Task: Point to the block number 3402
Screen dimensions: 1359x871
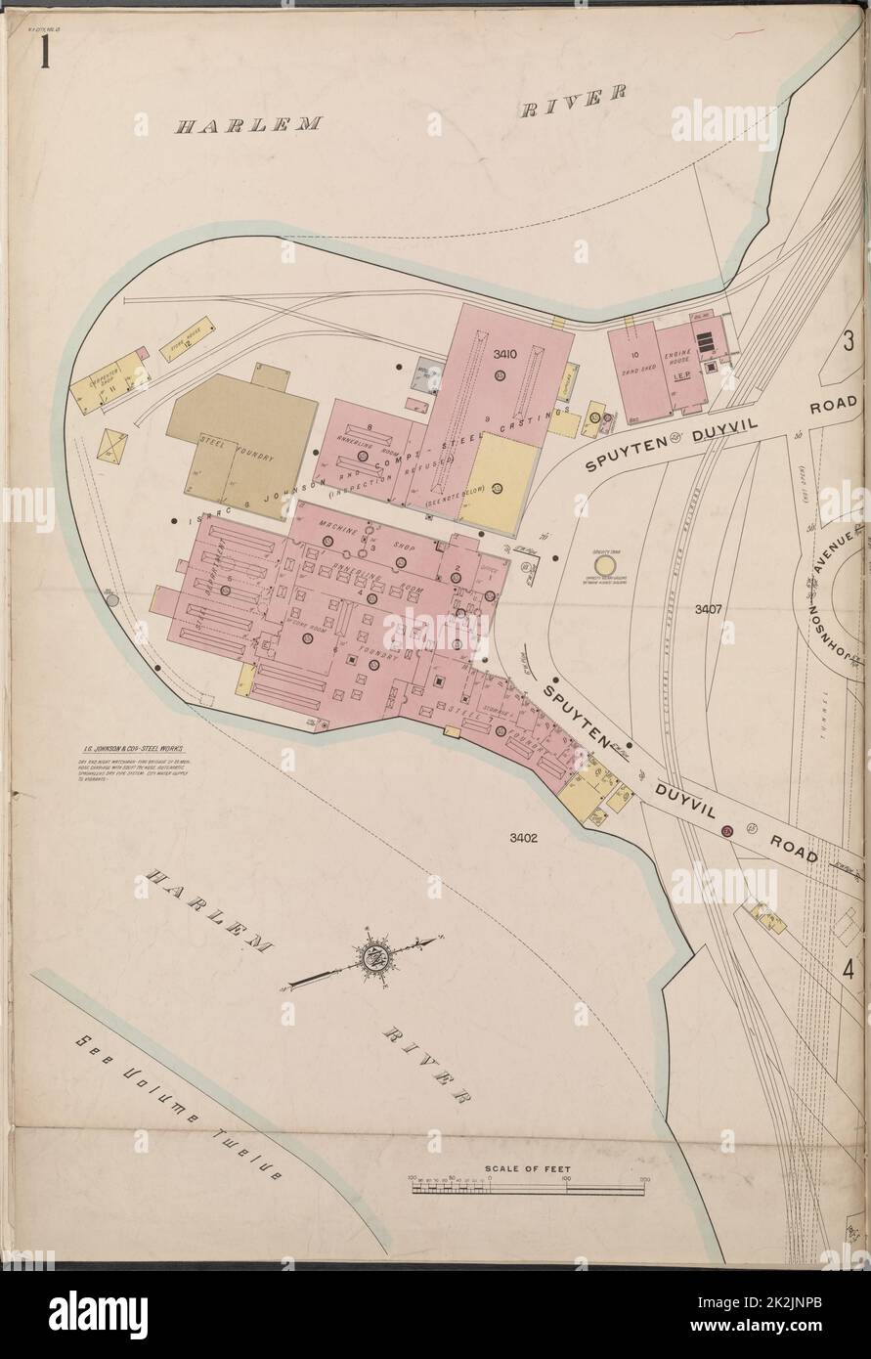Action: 524,837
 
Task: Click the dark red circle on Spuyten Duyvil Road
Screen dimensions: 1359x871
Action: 726,831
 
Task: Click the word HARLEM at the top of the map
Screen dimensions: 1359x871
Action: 249,125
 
